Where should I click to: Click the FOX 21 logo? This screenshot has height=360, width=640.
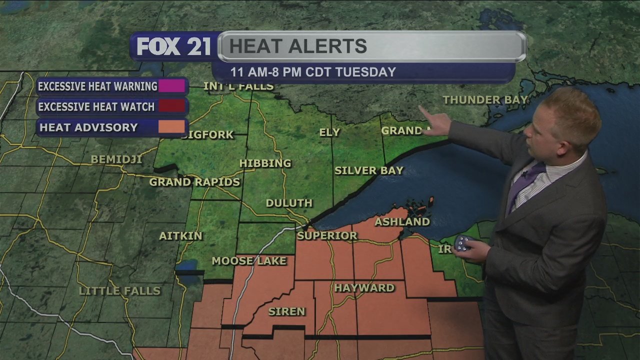173,47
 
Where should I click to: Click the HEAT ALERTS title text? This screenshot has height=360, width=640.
298,46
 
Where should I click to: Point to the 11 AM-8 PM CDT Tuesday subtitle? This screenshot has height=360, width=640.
313,72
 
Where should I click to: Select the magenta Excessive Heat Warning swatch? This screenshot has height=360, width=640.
171,86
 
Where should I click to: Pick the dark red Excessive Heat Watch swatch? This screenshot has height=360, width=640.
171,106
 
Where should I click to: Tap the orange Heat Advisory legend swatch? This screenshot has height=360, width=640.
171,127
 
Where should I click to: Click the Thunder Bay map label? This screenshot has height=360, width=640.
485,100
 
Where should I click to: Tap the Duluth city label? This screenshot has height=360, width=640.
289,203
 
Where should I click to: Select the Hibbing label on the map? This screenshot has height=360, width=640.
265,163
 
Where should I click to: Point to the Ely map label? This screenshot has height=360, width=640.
329,132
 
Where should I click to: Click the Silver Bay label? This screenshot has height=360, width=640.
368,170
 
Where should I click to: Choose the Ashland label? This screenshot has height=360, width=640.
402,221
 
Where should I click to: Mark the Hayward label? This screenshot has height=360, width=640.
364,288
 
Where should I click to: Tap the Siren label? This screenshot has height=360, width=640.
286,311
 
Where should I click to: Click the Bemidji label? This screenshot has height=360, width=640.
116,160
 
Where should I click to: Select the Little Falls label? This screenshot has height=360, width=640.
120,291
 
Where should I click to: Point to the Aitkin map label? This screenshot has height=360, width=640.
180,235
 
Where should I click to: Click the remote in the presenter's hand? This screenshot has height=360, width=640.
464,243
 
